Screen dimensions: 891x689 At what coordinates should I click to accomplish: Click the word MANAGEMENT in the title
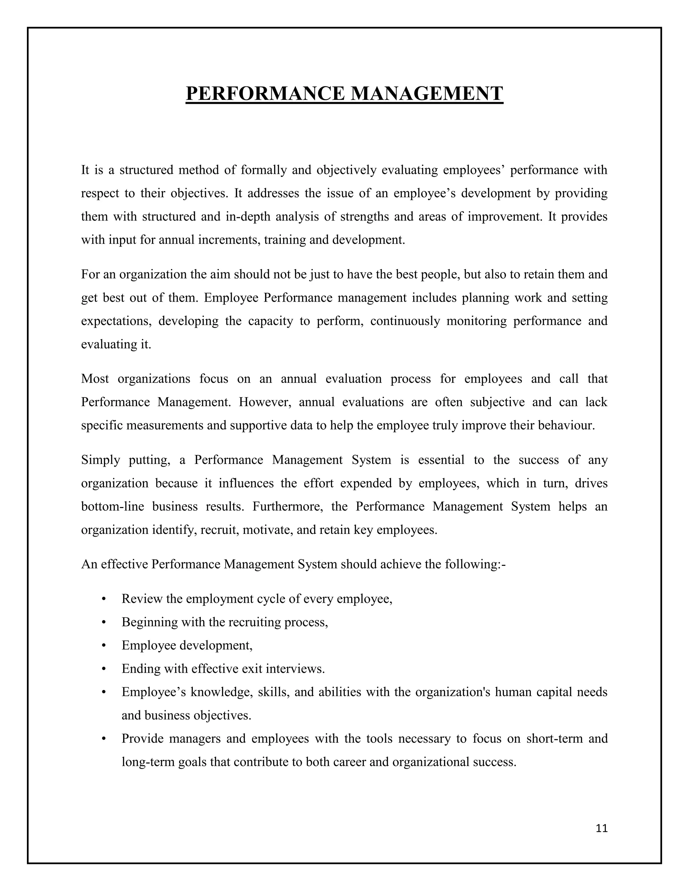click(x=427, y=93)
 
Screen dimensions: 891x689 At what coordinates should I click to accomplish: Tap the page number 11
click(x=602, y=828)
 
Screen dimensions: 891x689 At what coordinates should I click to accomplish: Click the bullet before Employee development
click(x=104, y=646)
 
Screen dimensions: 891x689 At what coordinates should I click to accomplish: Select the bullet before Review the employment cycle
click(x=104, y=599)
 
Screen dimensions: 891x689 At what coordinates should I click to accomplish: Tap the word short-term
click(x=554, y=739)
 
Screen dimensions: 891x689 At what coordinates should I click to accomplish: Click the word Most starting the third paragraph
click(x=95, y=379)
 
